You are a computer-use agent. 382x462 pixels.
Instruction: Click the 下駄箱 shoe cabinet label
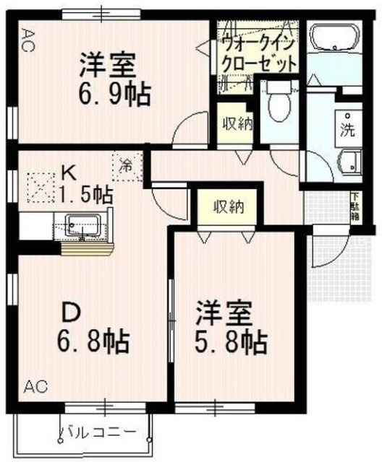pos(355,207)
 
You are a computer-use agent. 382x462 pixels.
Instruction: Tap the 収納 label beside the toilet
pos(236,123)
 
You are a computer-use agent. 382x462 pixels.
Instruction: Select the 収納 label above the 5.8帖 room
pos(228,207)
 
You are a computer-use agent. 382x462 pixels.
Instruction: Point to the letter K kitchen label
pos(68,173)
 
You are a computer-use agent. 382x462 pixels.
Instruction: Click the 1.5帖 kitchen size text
pos(85,194)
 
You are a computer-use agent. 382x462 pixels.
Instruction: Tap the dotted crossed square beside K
pos(39,188)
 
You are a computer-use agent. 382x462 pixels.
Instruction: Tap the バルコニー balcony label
pos(97,433)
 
